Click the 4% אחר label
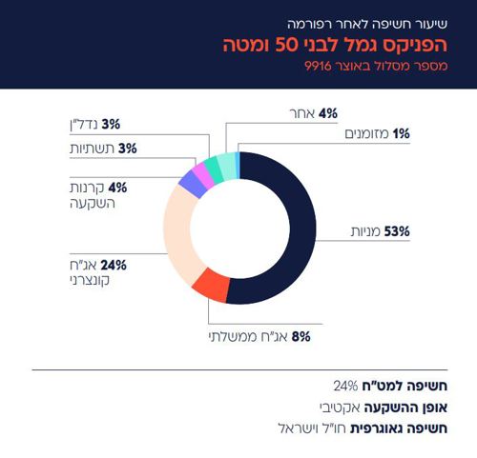(316, 113)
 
